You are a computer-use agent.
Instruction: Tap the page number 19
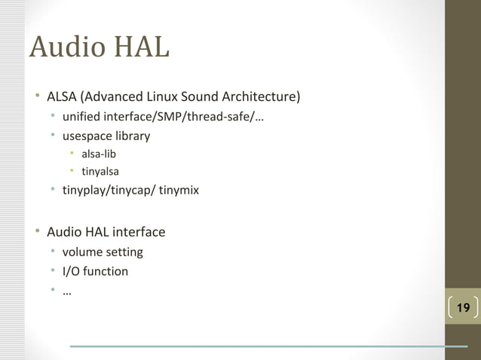tap(463, 307)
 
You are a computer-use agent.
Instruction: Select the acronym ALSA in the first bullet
tap(62, 97)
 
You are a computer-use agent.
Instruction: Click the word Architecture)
tap(261, 97)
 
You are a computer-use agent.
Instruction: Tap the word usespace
tap(87, 136)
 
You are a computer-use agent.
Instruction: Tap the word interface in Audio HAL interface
tap(139, 232)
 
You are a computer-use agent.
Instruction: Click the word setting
tap(124, 252)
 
